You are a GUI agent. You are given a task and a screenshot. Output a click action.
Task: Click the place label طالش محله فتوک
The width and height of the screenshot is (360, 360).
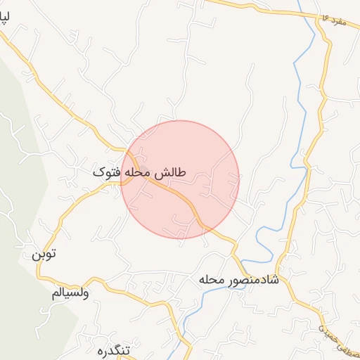[x=139, y=172]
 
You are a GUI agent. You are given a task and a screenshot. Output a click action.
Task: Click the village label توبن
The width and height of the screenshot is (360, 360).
[x=41, y=253]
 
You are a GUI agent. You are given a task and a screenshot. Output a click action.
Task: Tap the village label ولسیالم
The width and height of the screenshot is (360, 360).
[x=70, y=292]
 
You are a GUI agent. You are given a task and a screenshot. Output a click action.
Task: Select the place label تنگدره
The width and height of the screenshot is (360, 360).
[x=115, y=349]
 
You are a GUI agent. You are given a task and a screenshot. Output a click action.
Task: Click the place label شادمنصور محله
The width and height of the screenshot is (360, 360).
[x=239, y=280]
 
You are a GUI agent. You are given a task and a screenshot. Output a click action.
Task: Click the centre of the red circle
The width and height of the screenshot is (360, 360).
[x=180, y=179]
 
